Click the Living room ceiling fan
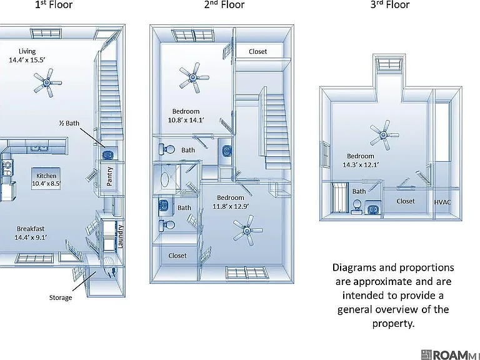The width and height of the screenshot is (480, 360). click(x=47, y=82)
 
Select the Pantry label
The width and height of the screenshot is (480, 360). click(x=109, y=176)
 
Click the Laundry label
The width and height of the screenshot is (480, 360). click(x=120, y=236)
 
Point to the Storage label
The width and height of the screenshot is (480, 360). click(x=61, y=297)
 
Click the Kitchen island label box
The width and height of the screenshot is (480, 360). click(x=46, y=179)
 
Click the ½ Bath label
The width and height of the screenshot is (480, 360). click(x=69, y=123)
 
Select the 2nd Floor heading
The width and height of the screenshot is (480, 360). click(x=224, y=4)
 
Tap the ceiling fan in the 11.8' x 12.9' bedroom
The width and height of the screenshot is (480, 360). click(x=247, y=230)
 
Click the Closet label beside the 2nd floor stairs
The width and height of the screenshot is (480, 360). click(x=257, y=51)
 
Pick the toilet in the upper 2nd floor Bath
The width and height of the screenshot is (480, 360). click(x=167, y=149)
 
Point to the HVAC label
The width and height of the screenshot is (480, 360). click(x=442, y=202)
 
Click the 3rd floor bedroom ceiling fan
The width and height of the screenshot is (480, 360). click(x=384, y=135)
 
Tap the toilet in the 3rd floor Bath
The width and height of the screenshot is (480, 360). click(x=357, y=206)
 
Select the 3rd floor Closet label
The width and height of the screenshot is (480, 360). click(x=406, y=201)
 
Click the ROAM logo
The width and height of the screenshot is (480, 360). click(x=450, y=355)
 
